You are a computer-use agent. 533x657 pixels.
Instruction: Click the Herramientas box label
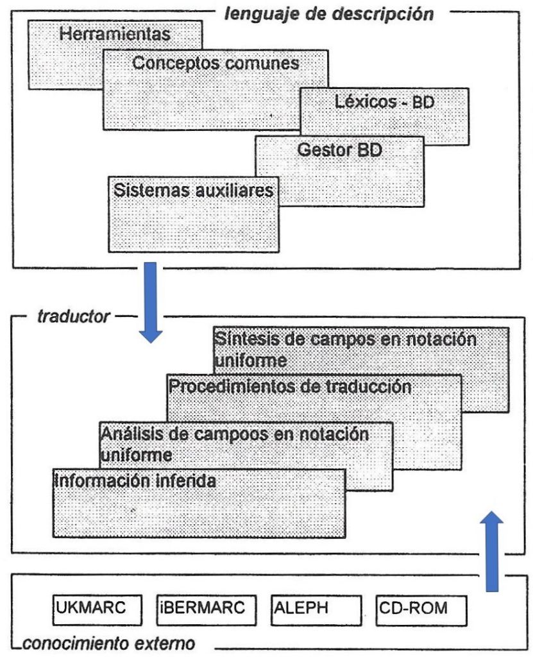click(x=115, y=35)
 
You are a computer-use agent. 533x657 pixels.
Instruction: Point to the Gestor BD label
click(x=340, y=150)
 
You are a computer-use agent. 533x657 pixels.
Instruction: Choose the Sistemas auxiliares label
click(x=194, y=191)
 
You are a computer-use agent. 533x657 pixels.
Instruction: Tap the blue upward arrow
click(x=492, y=551)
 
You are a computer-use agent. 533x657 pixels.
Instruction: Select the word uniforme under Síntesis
click(x=251, y=361)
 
